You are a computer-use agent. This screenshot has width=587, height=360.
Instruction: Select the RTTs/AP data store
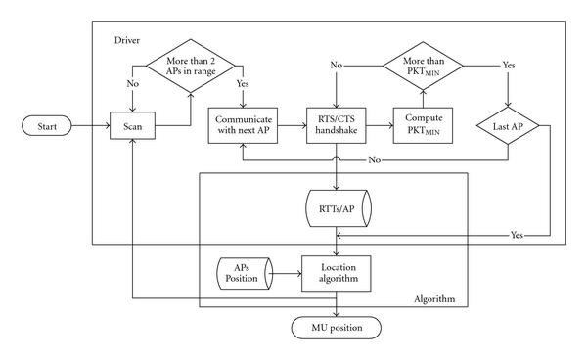point(336,211)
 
